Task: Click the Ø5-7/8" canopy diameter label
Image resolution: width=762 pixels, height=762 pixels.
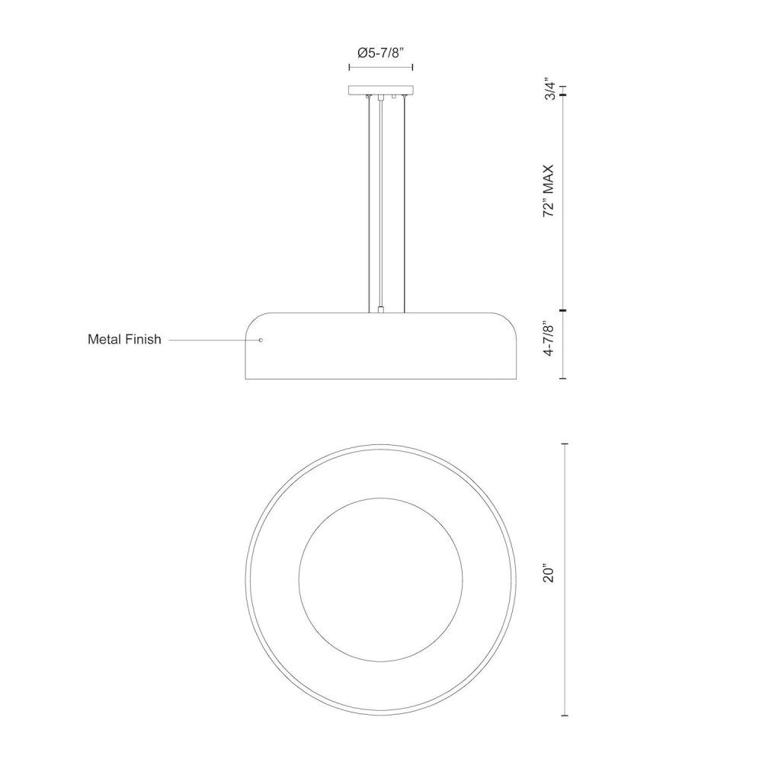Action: pos(381,53)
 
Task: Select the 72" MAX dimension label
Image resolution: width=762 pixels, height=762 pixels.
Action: pos(549,190)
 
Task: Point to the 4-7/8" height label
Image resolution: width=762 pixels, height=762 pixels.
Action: pos(549,339)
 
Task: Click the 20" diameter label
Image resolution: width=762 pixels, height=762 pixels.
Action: pos(549,574)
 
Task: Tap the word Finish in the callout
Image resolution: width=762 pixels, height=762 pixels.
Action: pos(143,339)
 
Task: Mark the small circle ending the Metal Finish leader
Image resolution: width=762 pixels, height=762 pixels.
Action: pos(261,340)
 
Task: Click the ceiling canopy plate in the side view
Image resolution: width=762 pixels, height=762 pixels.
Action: pos(381,90)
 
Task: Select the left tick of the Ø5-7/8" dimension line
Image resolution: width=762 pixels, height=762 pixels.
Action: pos(350,67)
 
